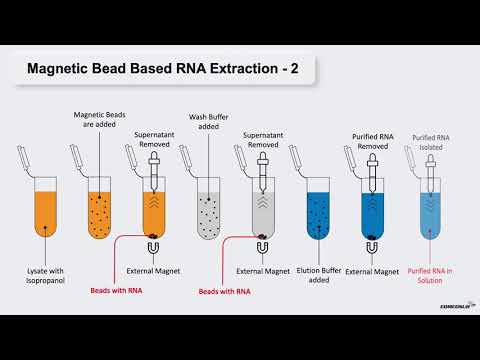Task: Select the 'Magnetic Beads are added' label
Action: point(97,120)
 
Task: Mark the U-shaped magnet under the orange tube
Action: point(153,248)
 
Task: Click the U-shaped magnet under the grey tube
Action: point(262,248)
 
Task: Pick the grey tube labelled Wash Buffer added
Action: point(206,210)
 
